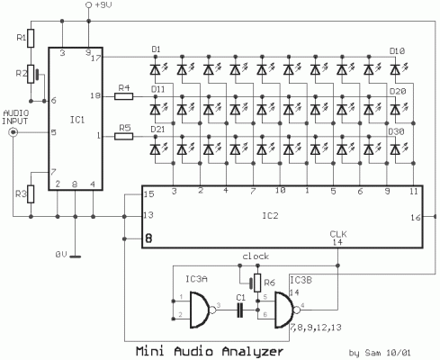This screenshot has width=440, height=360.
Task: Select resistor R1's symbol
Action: (30, 37)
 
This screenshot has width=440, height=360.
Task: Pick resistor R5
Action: (125, 136)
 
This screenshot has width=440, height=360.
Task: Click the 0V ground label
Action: (60, 256)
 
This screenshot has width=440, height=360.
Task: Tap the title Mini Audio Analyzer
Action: (206, 351)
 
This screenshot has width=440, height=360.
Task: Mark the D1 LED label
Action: (155, 48)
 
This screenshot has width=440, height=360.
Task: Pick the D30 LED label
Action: (396, 131)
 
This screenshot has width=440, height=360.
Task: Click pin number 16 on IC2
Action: (415, 218)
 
